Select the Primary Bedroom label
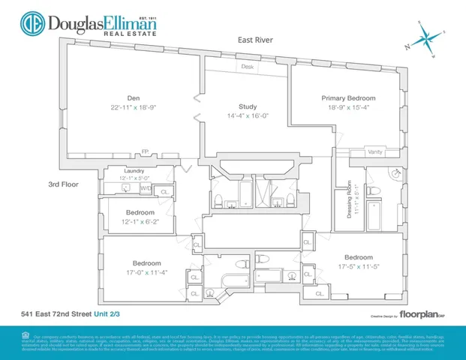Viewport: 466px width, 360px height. [348, 98]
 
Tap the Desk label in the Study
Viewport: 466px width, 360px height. [247, 67]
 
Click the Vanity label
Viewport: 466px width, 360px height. [376, 152]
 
